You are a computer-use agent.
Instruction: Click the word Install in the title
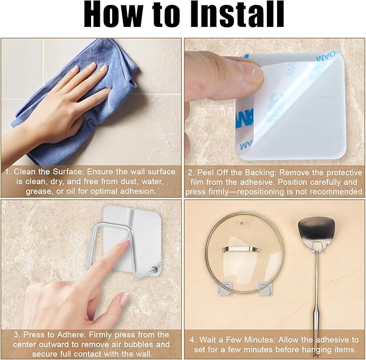pyautogui.click(x=237, y=15)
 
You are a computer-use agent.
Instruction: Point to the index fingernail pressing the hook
pyautogui.click(x=127, y=240)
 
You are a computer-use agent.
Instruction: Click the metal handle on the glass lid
pyautogui.click(x=241, y=249)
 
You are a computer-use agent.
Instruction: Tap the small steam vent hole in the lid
pyautogui.click(x=242, y=223)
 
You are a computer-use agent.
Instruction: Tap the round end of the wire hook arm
pyautogui.click(x=154, y=269)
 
